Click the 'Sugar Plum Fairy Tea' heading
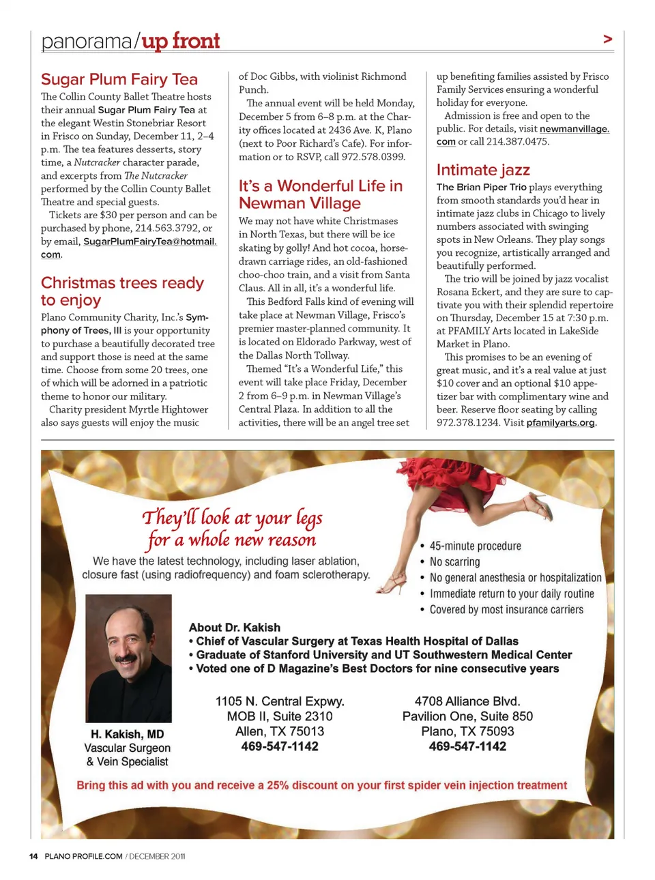click(x=119, y=80)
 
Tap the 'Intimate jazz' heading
click(x=483, y=170)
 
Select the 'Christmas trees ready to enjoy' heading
click(x=122, y=291)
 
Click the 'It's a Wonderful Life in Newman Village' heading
click(x=321, y=194)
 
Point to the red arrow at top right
click(x=607, y=40)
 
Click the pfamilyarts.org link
click(x=561, y=423)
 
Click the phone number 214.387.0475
click(x=517, y=142)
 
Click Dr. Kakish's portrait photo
click(x=128, y=658)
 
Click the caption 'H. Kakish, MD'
click(x=128, y=734)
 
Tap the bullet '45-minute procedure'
click(x=475, y=546)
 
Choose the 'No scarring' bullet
click(x=454, y=561)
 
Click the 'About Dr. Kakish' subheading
click(x=235, y=627)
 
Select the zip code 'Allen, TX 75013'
click(x=280, y=731)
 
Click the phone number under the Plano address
click(x=467, y=746)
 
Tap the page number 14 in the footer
click(x=33, y=856)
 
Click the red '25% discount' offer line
click(x=321, y=785)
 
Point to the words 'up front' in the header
click(x=181, y=41)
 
